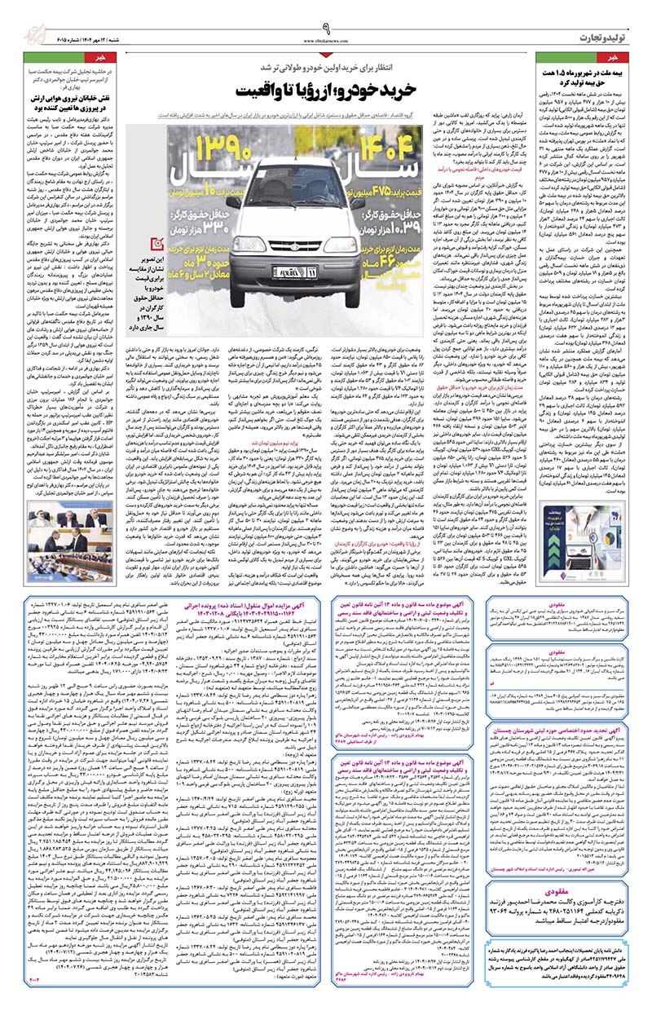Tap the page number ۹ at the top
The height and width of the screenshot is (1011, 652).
pyautogui.click(x=326, y=27)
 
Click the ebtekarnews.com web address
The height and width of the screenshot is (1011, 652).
pyautogui.click(x=326, y=39)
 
